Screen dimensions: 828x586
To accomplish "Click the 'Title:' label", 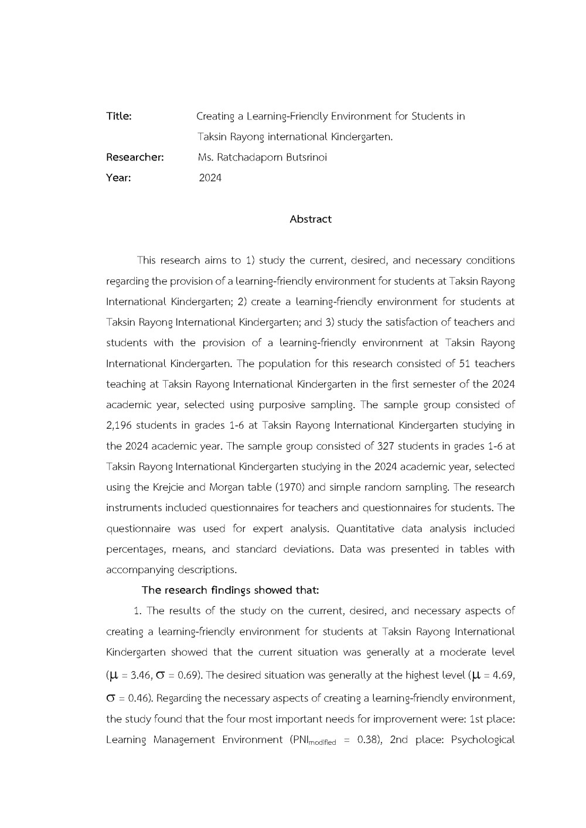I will (x=119, y=116).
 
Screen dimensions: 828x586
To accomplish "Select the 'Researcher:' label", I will (x=135, y=157).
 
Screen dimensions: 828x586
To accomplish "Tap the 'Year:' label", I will (x=118, y=177).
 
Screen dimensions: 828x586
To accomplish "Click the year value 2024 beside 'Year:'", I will (x=210, y=178).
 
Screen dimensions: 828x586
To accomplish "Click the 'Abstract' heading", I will (x=311, y=219).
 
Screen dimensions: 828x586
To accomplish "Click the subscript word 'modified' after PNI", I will (x=322, y=743).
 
